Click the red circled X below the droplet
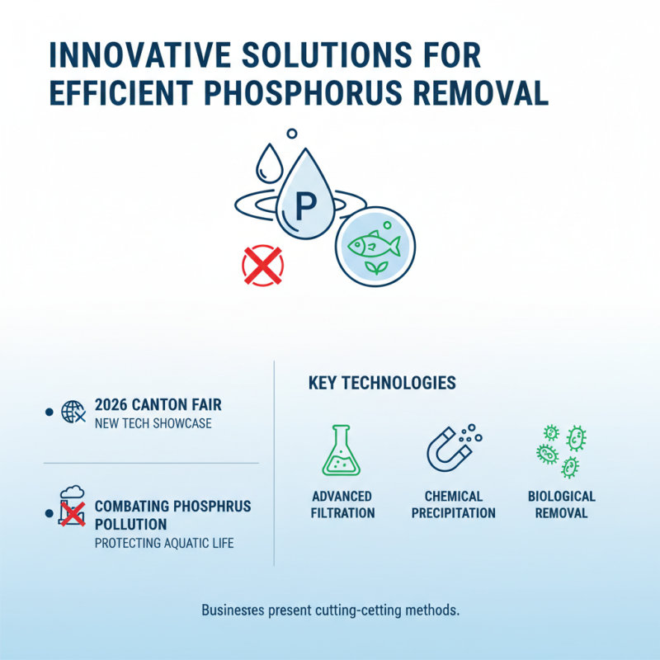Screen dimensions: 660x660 [x=262, y=265]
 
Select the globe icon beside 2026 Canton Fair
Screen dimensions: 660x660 [x=73, y=412]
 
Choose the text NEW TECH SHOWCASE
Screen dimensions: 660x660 [x=153, y=424]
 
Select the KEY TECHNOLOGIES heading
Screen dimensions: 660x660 [x=381, y=384]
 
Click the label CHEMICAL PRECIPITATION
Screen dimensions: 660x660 [x=454, y=504]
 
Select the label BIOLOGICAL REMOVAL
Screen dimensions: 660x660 [x=561, y=504]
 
